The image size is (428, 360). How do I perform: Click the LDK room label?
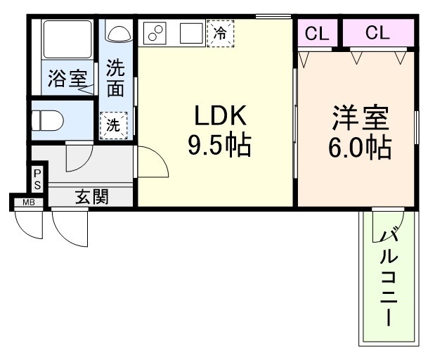pos(220,115)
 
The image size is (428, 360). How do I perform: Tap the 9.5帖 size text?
pos(220,145)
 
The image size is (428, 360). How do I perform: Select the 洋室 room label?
pos(361,117)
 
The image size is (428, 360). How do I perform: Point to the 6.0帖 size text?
pos(360,148)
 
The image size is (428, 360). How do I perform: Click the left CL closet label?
pos(317,34)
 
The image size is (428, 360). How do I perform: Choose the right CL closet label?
pos(377,32)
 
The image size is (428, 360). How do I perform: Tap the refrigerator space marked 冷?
pos(220,34)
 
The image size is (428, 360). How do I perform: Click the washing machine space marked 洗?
pos(113,125)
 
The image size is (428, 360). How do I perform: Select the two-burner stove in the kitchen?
pos(155,32)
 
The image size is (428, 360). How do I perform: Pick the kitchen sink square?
pos(191,33)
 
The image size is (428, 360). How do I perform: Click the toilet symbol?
pos(47,121)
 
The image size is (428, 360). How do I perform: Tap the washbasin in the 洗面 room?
pos(119,34)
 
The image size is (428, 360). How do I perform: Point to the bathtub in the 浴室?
pos(67,39)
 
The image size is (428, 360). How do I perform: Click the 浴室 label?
pos(67,78)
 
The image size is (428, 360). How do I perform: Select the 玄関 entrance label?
pos(92,196)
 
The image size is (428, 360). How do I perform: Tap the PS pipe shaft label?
pos(37,180)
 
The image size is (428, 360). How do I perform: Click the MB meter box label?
pos(29,202)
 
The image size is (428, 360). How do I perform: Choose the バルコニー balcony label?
pos(389,278)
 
